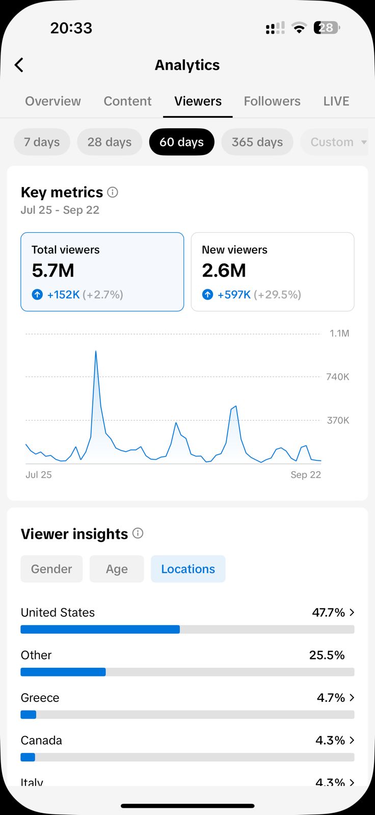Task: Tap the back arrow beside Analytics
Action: coord(19,65)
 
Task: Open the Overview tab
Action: coord(53,101)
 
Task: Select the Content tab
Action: coord(127,101)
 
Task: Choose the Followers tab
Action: coord(272,101)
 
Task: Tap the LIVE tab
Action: coord(336,101)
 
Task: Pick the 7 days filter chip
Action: coord(42,142)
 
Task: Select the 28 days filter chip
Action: coord(110,142)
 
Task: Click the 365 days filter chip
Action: coord(257,142)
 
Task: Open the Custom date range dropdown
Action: coord(338,142)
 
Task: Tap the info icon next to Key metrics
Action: coord(113,192)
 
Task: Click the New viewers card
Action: coord(273,271)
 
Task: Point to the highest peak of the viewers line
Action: coord(96,351)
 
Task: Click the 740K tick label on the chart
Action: coord(338,377)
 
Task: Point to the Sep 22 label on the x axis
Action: coord(306,475)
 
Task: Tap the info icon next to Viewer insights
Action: coord(138,533)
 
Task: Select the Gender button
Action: coord(51,569)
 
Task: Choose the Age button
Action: coord(117,569)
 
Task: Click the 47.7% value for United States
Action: coord(329,612)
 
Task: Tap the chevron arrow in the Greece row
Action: coord(352,698)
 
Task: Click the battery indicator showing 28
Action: coord(327,28)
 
